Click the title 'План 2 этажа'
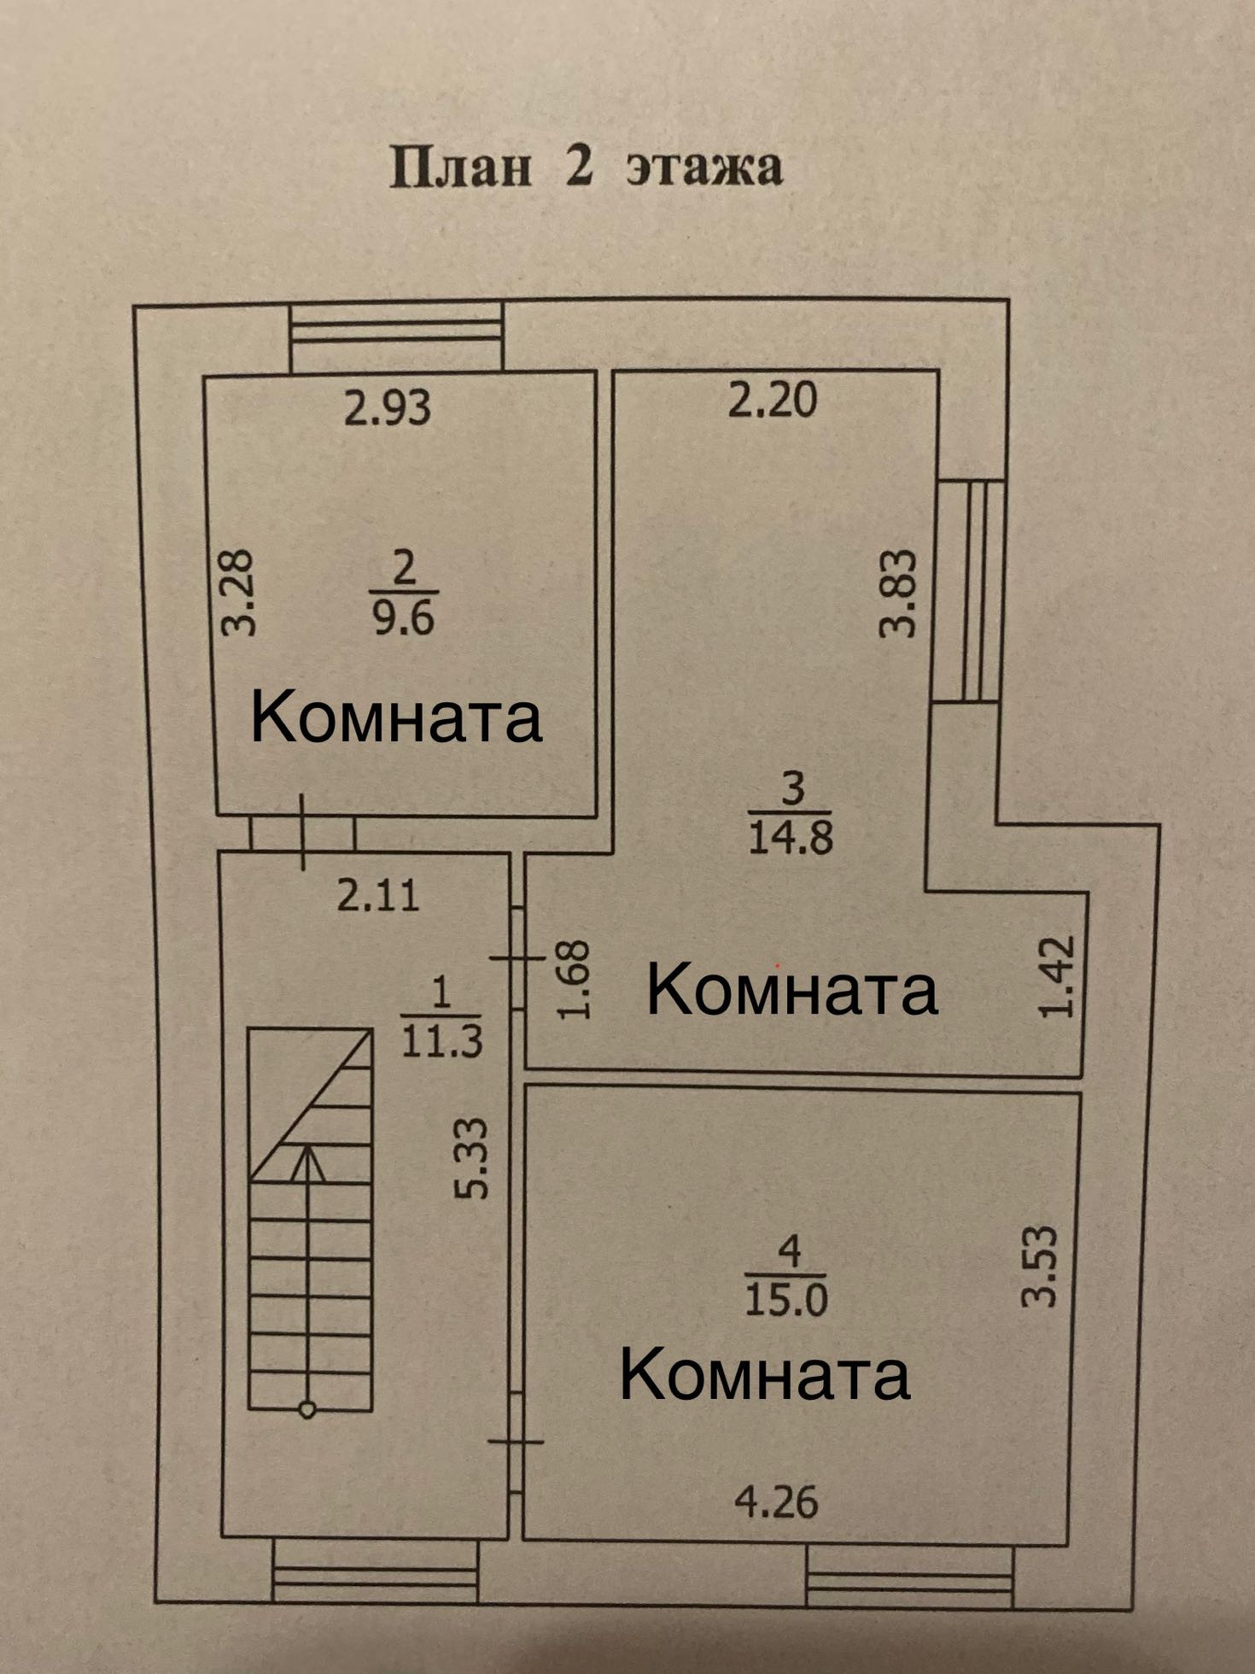(586, 166)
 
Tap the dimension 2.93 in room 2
(387, 407)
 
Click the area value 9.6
(404, 616)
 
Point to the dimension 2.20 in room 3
(772, 401)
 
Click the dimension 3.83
(898, 594)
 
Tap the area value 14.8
(791, 838)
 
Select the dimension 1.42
(1057, 976)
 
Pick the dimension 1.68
(574, 980)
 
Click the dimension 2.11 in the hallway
(377, 896)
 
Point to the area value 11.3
(441, 1040)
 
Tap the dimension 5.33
(472, 1158)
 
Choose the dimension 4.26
(776, 1501)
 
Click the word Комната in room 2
(396, 717)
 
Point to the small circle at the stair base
(307, 1410)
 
